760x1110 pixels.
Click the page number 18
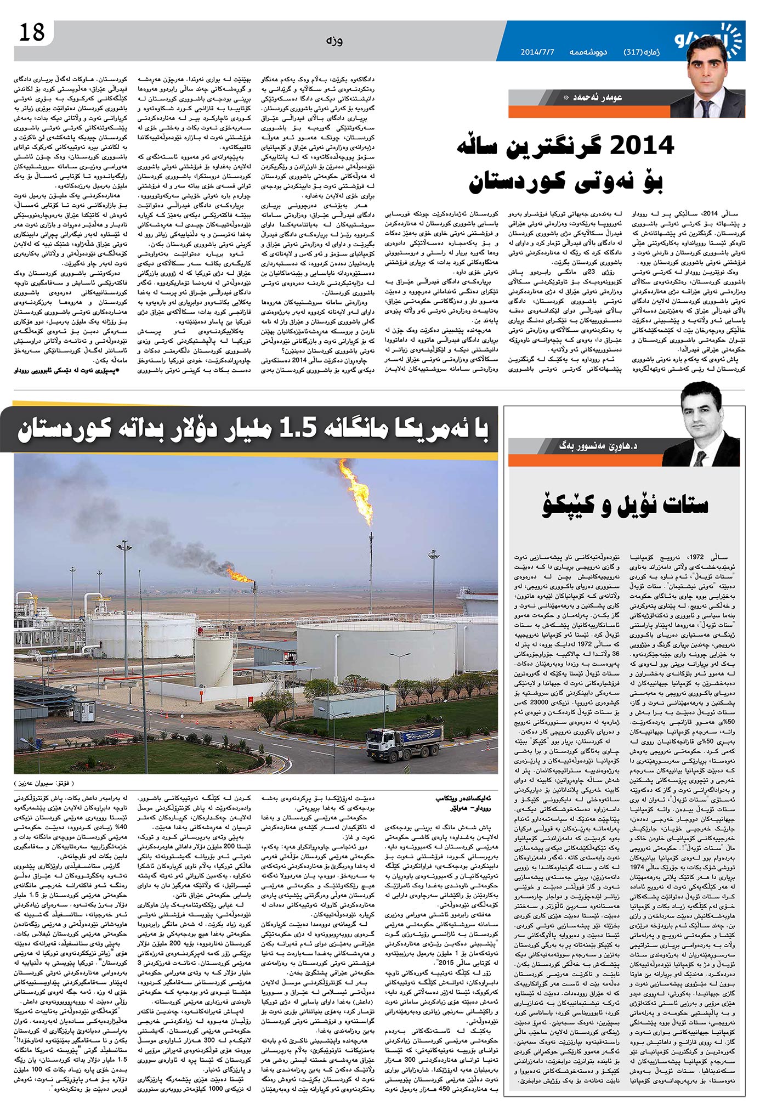(x=31, y=33)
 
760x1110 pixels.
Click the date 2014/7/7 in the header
(x=537, y=53)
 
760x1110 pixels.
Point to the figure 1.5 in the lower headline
(x=299, y=428)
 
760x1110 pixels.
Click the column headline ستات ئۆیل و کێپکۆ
(x=625, y=505)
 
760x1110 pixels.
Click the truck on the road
(x=405, y=743)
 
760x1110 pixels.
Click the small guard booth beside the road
(x=84, y=711)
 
